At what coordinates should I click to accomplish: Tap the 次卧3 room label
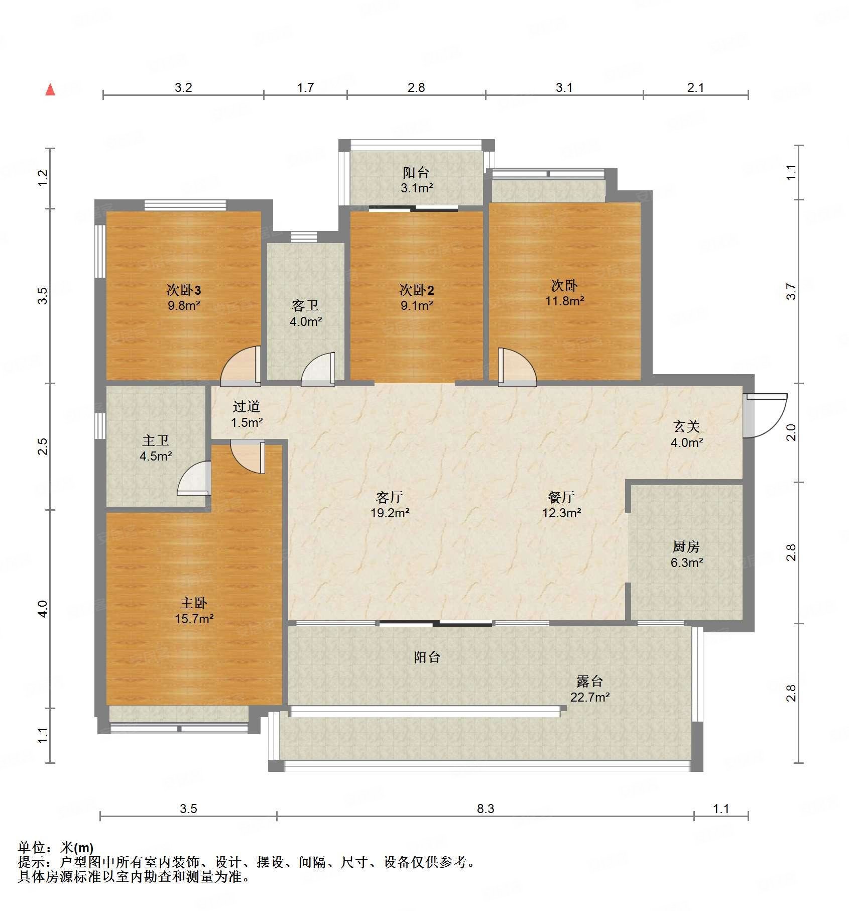point(184,290)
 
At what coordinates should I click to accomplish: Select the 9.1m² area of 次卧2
point(416,305)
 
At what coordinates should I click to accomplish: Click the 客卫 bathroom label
point(305,305)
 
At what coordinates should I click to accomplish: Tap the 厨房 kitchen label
point(686,546)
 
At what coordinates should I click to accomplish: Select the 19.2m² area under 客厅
point(390,513)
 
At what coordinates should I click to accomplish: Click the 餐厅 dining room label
point(561,497)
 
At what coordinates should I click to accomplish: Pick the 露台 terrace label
point(589,681)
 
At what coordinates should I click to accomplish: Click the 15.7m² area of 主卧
point(194,619)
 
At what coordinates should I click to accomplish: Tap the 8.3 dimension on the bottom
point(485,808)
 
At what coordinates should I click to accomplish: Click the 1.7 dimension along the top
point(305,88)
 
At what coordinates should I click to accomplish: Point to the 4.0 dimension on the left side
point(43,609)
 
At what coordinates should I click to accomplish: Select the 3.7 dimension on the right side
point(791,291)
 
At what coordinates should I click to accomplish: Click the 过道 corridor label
point(247,406)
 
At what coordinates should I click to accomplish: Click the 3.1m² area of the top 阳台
point(416,188)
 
